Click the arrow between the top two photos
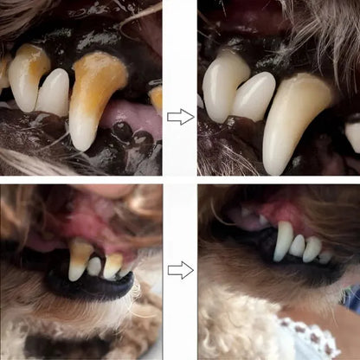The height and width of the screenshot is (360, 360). pyautogui.click(x=180, y=116)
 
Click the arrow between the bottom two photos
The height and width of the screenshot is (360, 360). pyautogui.click(x=180, y=271)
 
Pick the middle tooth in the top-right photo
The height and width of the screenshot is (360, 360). pyautogui.click(x=254, y=95)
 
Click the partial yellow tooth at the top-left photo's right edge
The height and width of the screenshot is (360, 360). pyautogui.click(x=156, y=97)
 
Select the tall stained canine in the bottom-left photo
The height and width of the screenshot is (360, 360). pyautogui.click(x=80, y=260)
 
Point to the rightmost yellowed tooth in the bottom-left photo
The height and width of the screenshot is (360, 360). pyautogui.click(x=113, y=263)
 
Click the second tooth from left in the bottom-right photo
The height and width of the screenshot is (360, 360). pyautogui.click(x=297, y=246)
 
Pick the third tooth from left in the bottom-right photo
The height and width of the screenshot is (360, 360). pyautogui.click(x=312, y=249)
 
